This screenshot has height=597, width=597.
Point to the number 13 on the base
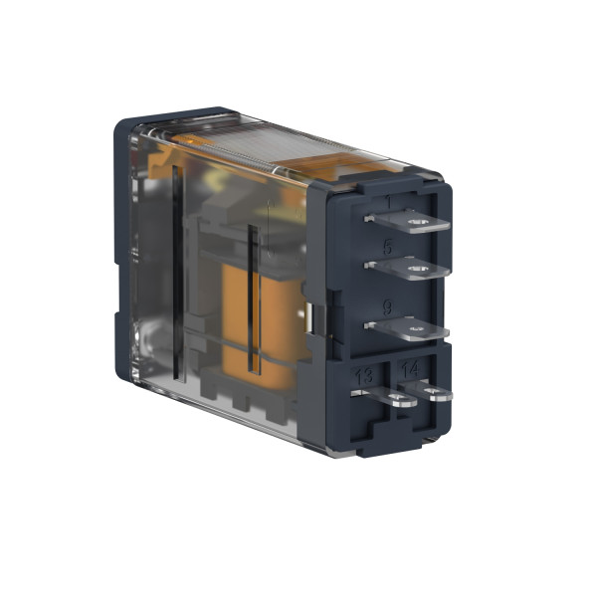[x=364, y=376]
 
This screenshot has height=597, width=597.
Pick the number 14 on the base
[x=409, y=370]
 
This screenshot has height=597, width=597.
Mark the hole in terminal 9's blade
[x=415, y=329]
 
